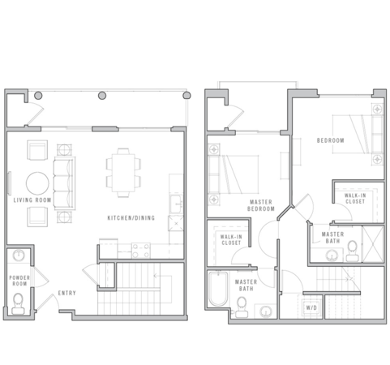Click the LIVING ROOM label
click(32, 199)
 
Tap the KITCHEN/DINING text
click(131, 218)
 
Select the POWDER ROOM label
click(19, 281)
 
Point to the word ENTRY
click(67, 293)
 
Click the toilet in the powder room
click(19, 305)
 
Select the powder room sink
click(19, 257)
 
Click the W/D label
click(311, 308)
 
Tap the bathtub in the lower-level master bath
click(217, 290)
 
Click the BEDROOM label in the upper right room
click(330, 140)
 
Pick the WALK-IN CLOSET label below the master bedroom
click(230, 239)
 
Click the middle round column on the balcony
click(102, 96)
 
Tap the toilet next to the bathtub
click(240, 304)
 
